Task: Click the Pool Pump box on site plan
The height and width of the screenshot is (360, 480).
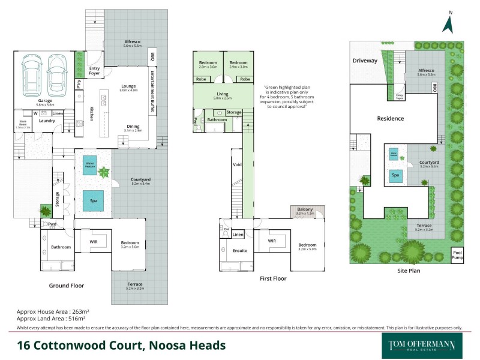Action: point(458,256)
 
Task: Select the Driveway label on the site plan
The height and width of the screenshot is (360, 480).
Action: point(365,61)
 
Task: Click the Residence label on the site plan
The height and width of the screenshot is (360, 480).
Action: point(391,119)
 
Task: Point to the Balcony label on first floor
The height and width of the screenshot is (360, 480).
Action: point(307,210)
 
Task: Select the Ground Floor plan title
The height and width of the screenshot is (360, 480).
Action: point(67,286)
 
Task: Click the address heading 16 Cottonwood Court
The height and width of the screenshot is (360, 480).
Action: point(121,345)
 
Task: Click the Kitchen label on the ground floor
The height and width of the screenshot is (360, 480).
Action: point(91,114)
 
